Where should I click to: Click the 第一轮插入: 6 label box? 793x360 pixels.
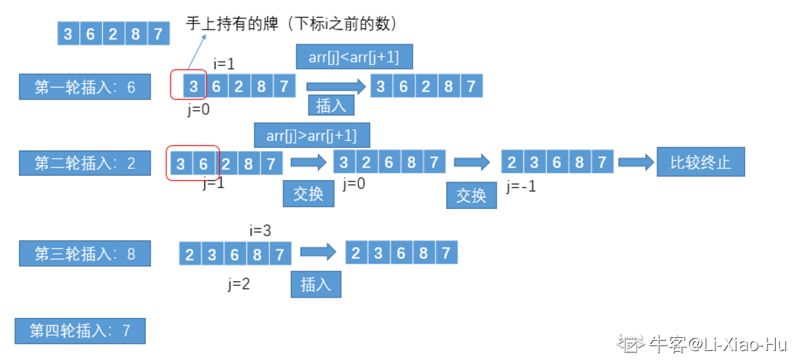point(84,87)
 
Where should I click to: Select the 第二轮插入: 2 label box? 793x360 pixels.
point(84,163)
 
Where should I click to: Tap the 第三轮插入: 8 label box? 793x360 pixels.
point(84,253)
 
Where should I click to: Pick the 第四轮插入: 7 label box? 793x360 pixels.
point(80,331)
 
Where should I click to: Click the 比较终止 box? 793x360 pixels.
point(700,163)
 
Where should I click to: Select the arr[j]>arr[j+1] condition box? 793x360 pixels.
point(311,135)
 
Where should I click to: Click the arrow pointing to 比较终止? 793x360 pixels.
point(636,163)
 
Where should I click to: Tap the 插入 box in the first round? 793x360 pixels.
point(330,105)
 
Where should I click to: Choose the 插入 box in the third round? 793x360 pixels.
point(316,284)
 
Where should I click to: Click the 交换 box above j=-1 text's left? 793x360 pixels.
point(471,195)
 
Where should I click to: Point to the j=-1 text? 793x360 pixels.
point(521,186)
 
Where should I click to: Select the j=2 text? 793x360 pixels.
point(238,283)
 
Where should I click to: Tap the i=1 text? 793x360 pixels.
point(224,64)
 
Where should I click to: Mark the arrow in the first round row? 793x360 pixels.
point(335,87)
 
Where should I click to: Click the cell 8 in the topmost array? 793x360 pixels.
point(135,33)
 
